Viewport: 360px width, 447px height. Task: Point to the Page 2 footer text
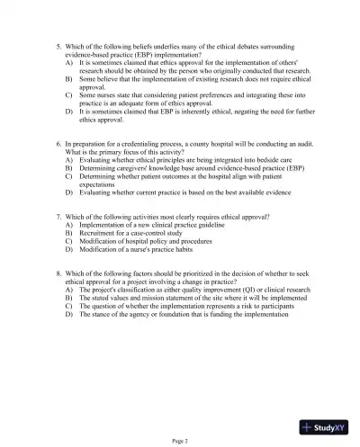coord(180,440)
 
